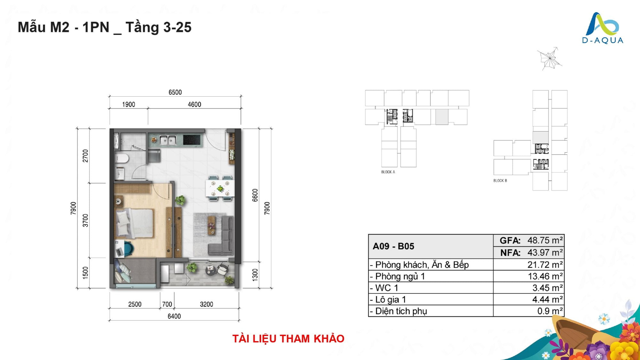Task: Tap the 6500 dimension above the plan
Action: coord(175,92)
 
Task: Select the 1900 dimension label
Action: coord(129,105)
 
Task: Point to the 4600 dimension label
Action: coord(194,105)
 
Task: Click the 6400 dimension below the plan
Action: coord(174,316)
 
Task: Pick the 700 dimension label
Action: coord(167,304)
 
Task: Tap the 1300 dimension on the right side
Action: coord(255,275)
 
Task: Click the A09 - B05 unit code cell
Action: coord(393,246)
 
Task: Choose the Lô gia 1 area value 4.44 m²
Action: coord(548,300)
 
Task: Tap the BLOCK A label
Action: coord(388,172)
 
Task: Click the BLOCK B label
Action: coord(500,181)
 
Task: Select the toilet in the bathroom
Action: coord(122,158)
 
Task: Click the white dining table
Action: coord(220,188)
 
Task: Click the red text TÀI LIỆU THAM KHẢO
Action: coord(288,339)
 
